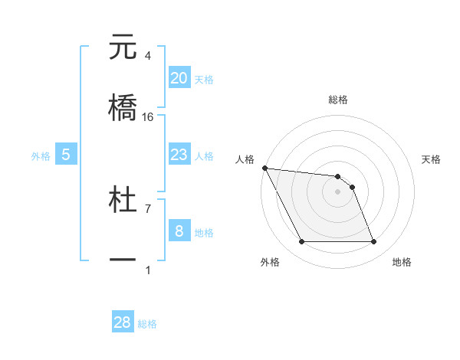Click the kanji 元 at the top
[x=123, y=47]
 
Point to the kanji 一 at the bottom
[x=123, y=260]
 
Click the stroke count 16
[x=148, y=116]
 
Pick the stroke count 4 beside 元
[x=148, y=56]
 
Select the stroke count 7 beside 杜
[x=148, y=208]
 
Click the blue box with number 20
[x=179, y=78]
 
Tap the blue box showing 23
[x=179, y=155]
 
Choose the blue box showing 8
[x=179, y=231]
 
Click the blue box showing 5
[x=66, y=155]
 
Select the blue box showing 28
[x=123, y=322]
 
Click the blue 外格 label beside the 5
[x=41, y=156]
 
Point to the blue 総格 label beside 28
[x=147, y=324]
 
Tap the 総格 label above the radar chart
[x=338, y=100]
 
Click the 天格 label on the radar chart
[x=432, y=159]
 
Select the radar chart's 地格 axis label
[x=402, y=262]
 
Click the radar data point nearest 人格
[x=264, y=168]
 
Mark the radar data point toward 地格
[x=373, y=242]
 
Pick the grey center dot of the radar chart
[x=338, y=191]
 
